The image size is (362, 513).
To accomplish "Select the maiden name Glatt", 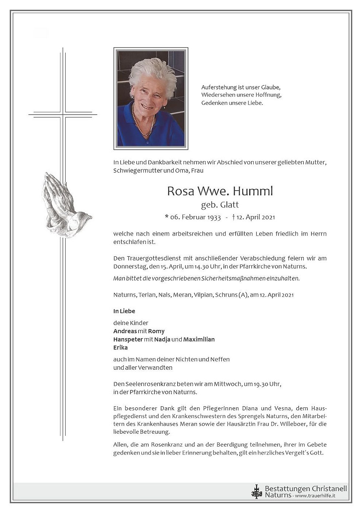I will (x=229, y=205).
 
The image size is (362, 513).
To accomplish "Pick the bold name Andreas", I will (x=125, y=331).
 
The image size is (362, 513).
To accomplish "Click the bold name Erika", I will (x=121, y=347).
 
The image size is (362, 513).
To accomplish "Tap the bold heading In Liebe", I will (x=124, y=311).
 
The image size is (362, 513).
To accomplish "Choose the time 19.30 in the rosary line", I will (x=261, y=384).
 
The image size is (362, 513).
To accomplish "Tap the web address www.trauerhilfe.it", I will (x=315, y=496).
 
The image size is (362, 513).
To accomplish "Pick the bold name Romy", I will (x=156, y=331).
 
